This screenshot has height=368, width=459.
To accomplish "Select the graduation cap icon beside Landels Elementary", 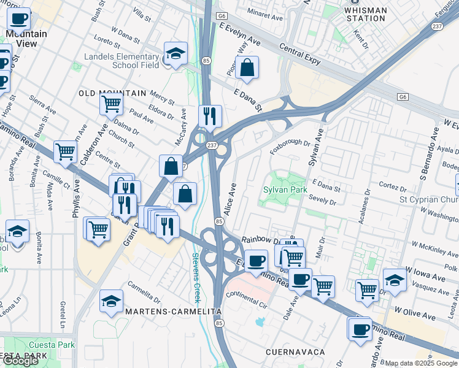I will [175, 53].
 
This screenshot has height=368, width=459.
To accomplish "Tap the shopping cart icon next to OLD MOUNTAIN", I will [111, 104].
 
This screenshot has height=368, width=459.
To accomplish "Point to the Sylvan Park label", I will [285, 190].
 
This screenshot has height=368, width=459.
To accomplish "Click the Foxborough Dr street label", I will [290, 143].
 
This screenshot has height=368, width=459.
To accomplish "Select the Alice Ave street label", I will [232, 197].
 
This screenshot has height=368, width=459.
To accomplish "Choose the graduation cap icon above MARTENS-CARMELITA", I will [111, 301].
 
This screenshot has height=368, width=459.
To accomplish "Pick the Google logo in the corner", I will [20, 361].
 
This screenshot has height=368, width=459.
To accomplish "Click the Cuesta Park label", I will [50, 345].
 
